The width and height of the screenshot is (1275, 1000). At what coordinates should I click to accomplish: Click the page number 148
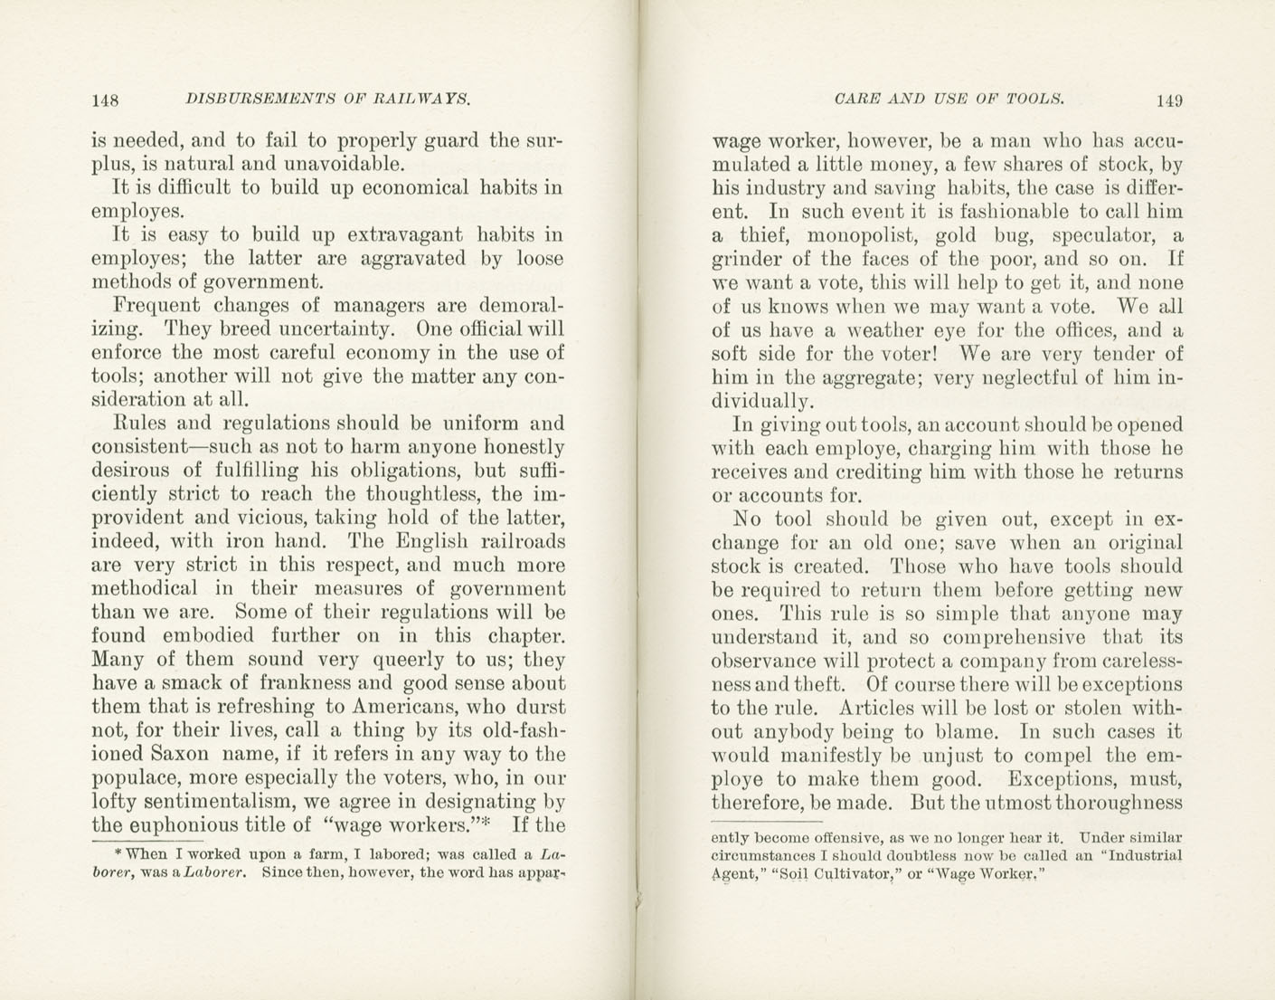point(107,100)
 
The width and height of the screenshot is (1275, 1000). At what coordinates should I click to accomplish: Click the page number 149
point(1168,100)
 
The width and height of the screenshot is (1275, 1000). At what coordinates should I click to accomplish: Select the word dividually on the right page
point(763,402)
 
